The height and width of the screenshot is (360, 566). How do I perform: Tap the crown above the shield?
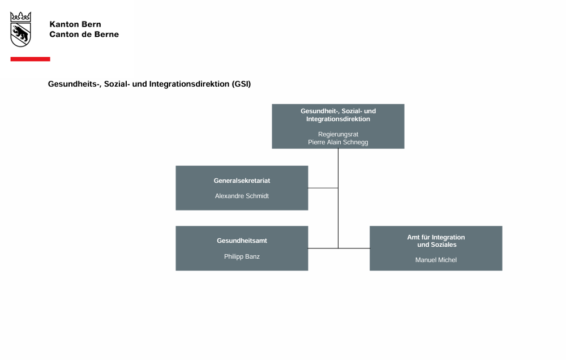coord(20,17)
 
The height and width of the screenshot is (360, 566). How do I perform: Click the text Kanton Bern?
coord(75,24)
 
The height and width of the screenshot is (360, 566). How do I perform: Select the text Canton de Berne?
coord(84,35)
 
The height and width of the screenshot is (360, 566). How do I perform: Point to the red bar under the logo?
coord(31,59)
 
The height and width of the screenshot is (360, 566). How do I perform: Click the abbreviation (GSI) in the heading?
coord(241,84)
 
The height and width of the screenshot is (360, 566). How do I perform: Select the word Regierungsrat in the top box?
coord(338,134)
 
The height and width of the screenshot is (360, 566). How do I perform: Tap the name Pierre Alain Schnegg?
coord(338,142)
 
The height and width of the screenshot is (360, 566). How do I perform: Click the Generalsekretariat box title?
coord(242,181)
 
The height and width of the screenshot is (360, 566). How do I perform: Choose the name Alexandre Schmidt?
coord(242,196)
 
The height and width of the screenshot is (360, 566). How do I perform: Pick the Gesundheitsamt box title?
coord(242,241)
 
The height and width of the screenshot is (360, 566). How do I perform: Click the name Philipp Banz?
coord(242,257)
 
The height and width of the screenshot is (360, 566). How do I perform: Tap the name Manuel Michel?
coord(436,260)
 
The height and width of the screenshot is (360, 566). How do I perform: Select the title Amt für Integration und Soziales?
coord(436,241)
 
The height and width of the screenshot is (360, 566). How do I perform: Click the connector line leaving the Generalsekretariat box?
coord(323,188)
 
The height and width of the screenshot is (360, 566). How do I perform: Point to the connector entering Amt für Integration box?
coord(354,248)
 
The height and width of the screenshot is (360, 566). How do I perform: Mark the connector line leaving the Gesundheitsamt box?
coord(323,248)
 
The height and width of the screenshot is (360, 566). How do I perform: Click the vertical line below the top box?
coord(338,198)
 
